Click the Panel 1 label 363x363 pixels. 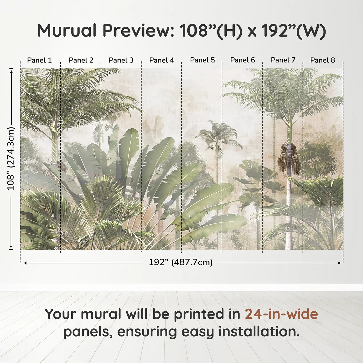click(x=39, y=60)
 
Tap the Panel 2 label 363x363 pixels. click(x=81, y=60)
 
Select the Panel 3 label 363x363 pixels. click(x=121, y=60)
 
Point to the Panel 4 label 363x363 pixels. click(x=162, y=60)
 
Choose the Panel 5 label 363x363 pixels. click(x=202, y=60)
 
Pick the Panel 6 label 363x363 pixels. click(x=242, y=60)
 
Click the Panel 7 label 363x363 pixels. click(x=283, y=60)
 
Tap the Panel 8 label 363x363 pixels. click(x=323, y=60)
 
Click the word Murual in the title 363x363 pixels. click(x=67, y=31)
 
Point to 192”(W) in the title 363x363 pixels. click(x=293, y=31)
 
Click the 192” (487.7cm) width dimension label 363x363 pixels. click(x=180, y=262)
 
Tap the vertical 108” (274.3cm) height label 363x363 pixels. click(x=11, y=158)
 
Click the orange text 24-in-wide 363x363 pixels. click(x=281, y=314)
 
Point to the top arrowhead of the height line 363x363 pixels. click(x=11, y=71)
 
